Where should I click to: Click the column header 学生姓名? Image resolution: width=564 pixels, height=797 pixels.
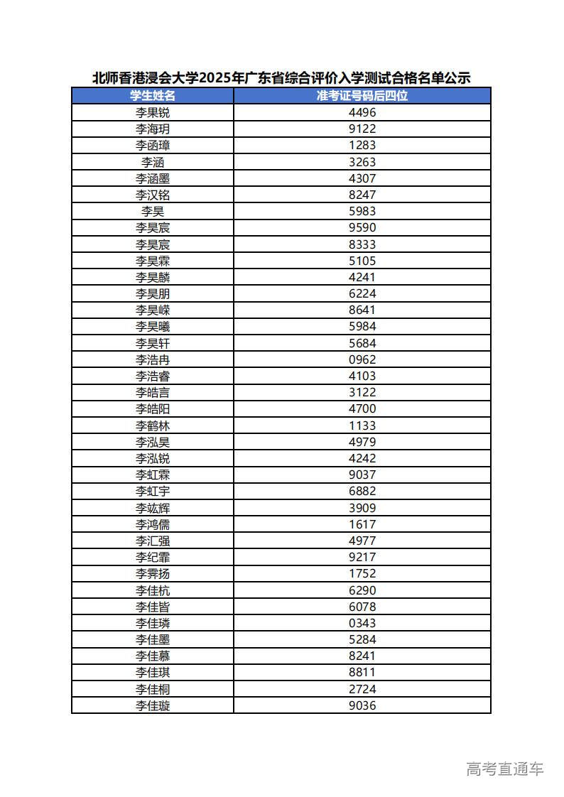pos(153,96)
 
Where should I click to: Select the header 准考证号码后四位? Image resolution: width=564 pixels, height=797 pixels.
pos(362,96)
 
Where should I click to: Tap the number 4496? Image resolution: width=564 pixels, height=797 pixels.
pos(362,112)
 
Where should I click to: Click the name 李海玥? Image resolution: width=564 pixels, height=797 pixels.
pos(153,129)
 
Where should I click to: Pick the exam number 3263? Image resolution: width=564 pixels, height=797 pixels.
pos(362,162)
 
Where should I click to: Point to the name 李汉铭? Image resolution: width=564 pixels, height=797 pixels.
pos(153,195)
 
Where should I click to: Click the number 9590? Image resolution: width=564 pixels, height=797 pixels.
pos(362,227)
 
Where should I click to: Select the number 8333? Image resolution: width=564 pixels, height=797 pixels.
pos(362,244)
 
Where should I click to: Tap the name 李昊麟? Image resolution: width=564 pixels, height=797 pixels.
pos(153,277)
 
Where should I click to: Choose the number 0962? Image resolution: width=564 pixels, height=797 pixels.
pos(362,359)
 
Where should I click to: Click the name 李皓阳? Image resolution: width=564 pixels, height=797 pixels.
pos(153,409)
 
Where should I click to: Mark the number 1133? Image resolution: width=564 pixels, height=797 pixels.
pos(362,425)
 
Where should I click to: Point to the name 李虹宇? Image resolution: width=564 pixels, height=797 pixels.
pos(153,492)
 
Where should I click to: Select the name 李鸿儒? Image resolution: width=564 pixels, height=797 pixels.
pos(153,524)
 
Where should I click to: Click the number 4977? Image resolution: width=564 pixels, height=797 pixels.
pos(362,541)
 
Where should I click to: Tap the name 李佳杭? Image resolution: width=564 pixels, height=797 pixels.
pos(153,590)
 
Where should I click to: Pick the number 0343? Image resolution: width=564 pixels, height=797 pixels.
pos(362,623)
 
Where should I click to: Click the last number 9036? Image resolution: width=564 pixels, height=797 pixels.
pos(362,705)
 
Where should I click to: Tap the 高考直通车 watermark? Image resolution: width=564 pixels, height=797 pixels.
pos(505,769)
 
